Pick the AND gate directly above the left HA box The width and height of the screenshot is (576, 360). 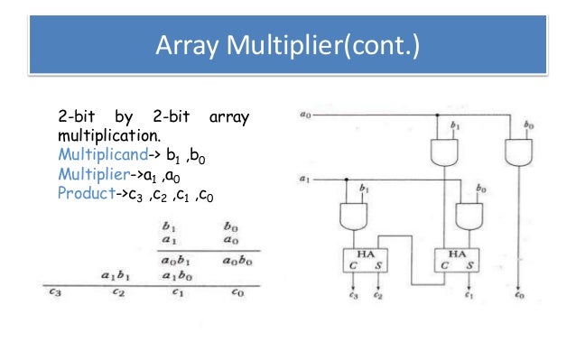coord(355,217)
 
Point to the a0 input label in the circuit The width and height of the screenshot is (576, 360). coord(306,115)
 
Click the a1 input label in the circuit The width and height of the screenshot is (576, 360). coord(306,179)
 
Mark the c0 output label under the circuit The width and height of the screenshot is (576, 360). coord(516,296)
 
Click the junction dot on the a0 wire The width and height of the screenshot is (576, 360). coord(438,115)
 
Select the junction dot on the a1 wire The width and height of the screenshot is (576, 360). coord(347,180)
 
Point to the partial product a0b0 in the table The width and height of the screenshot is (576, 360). coord(236,260)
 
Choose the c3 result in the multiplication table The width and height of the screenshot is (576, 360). coord(56,291)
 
